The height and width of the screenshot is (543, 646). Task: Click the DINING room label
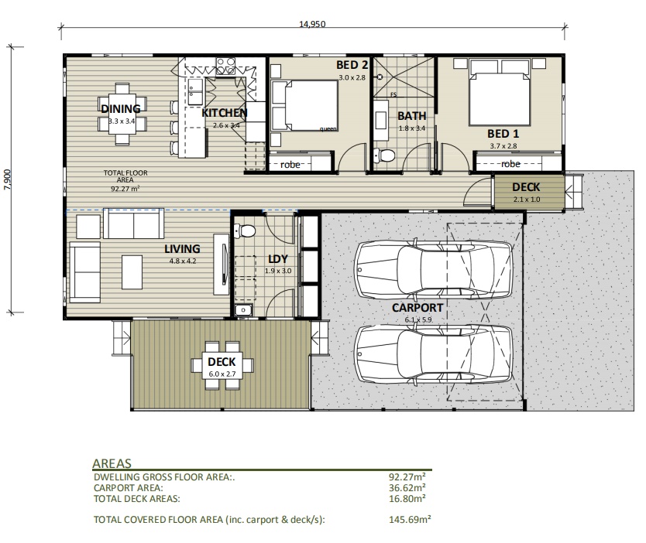click(120, 108)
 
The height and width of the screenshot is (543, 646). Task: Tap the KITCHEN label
click(224, 113)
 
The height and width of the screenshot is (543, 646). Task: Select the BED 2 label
click(352, 66)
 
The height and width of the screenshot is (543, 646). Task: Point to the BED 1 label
click(503, 133)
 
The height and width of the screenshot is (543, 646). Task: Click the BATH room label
click(411, 116)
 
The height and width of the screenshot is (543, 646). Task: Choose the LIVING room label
click(182, 249)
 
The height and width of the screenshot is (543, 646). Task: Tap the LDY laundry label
click(278, 259)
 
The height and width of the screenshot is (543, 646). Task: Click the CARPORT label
click(417, 307)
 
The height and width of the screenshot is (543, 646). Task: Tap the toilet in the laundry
click(246, 230)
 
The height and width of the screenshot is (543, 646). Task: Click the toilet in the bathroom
click(385, 155)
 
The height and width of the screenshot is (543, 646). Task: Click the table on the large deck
click(222, 363)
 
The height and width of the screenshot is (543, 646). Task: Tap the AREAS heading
click(112, 463)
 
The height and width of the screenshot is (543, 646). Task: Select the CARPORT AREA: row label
click(128, 488)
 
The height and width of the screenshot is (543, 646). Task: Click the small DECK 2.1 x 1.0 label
click(526, 187)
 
